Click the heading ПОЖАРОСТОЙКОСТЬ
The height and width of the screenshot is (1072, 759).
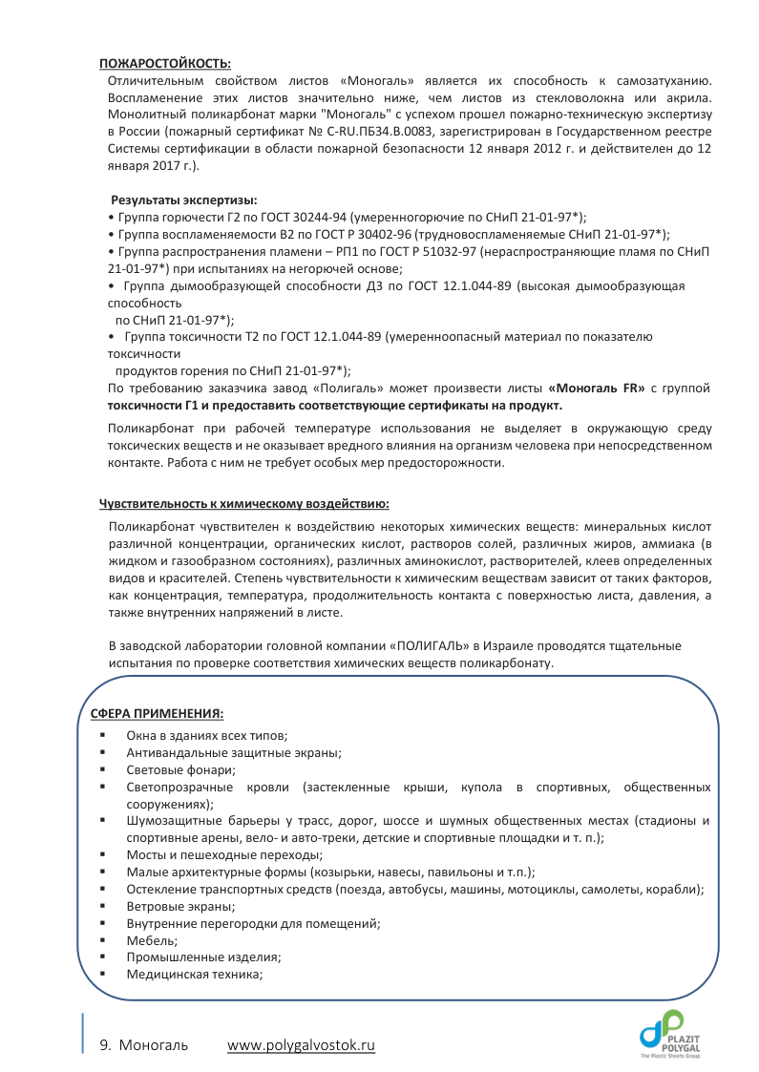point(165,64)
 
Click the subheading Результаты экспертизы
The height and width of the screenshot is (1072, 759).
point(184,200)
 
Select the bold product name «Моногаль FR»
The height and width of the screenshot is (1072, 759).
point(592,389)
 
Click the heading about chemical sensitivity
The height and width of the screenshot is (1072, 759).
point(243,503)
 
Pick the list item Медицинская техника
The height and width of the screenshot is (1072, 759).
point(194,975)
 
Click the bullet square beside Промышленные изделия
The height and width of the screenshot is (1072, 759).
point(101,957)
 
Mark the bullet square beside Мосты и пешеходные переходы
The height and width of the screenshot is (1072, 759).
point(101,854)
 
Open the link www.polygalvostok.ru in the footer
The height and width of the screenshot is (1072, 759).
point(301,1045)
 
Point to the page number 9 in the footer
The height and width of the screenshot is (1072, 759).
point(104,1045)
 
